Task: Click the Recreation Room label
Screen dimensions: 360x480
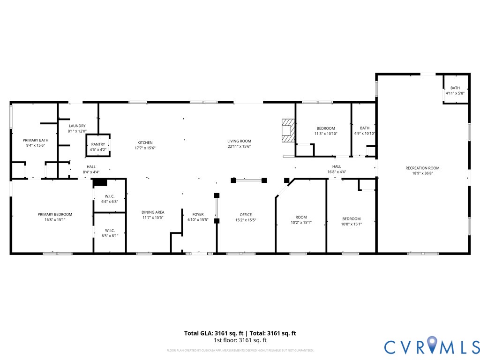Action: (422, 168)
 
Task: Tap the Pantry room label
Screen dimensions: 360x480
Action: (98, 144)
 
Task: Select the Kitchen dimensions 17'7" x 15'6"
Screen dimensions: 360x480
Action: (145, 148)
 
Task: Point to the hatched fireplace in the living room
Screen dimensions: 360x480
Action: (287, 130)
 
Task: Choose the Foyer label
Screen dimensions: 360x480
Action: (198, 214)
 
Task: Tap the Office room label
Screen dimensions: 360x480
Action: (246, 215)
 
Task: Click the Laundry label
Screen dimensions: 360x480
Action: (77, 126)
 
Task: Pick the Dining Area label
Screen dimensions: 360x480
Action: (153, 212)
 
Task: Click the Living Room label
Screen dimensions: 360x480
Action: (239, 141)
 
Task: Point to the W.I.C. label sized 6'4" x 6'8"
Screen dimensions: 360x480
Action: (110, 196)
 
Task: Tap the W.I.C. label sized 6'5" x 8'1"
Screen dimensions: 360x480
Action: (110, 230)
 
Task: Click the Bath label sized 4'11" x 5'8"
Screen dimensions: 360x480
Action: (455, 88)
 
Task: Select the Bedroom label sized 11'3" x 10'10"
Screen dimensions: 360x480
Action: (326, 128)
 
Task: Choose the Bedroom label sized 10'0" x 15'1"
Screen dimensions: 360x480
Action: (351, 219)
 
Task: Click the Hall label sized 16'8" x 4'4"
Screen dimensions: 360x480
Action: (337, 166)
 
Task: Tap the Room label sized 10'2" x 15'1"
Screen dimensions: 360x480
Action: (300, 217)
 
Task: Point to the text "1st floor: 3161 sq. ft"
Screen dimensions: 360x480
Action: (240, 340)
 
